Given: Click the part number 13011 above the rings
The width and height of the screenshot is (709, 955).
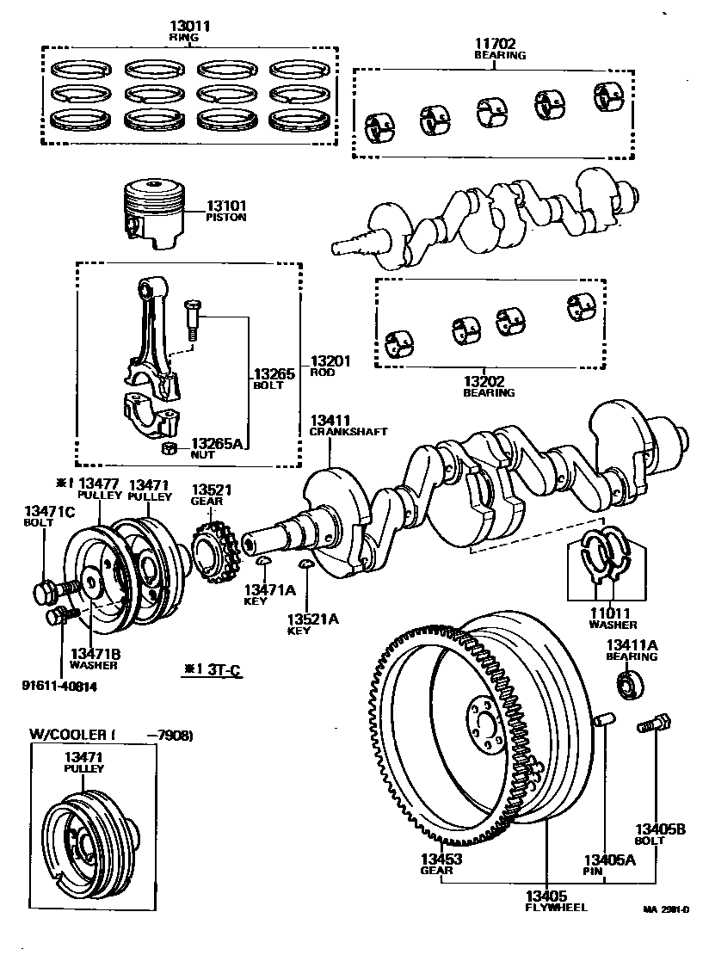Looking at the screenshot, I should [189, 27].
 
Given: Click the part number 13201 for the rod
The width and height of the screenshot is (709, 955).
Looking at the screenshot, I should [330, 361].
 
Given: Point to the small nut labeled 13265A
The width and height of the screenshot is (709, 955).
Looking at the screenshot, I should [170, 447].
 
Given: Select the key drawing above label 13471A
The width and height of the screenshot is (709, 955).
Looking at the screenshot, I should [265, 562].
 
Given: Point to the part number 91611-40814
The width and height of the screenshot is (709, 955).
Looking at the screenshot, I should [61, 685].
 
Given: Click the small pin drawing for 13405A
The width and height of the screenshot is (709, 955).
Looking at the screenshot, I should [604, 719].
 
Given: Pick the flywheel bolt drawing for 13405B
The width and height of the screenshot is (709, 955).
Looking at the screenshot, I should [650, 724].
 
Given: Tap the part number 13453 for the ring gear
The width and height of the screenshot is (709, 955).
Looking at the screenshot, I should [441, 859].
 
